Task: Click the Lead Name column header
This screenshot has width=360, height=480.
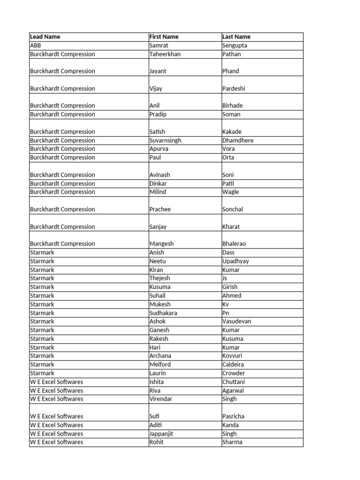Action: point(45,37)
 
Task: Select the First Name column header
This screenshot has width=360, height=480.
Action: point(164,37)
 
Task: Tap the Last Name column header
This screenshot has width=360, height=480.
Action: point(236,37)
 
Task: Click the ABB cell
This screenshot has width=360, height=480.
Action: point(36,45)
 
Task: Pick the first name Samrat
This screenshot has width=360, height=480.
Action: point(158,45)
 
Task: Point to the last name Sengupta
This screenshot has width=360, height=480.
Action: point(234,45)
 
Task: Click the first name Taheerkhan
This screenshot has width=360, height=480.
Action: point(165,54)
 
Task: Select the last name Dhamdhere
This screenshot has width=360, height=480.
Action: point(238,140)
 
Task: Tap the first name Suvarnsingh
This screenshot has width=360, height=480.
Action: point(165,140)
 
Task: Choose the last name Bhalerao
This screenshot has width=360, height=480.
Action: point(234,244)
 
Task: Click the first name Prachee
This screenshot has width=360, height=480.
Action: point(160,210)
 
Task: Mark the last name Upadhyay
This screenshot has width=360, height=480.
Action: point(235,261)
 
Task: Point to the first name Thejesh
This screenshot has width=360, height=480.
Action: point(159,278)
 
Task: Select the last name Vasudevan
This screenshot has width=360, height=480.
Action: point(236,322)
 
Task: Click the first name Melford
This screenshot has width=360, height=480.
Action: point(160,365)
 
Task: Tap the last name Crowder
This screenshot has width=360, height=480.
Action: point(233,374)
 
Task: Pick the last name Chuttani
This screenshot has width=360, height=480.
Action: point(233,382)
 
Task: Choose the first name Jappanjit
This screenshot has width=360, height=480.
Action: point(161,434)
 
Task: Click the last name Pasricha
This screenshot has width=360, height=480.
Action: point(233,416)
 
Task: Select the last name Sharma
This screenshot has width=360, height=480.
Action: point(232,442)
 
